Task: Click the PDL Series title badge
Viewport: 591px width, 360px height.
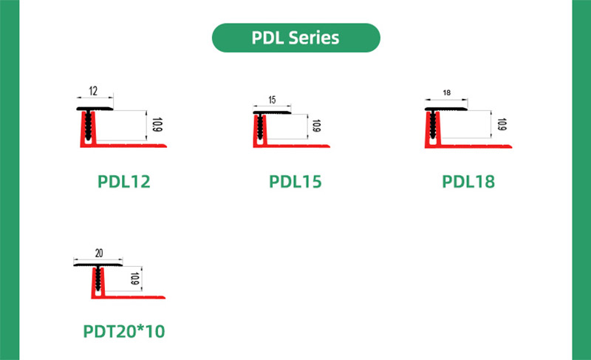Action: pos(295,37)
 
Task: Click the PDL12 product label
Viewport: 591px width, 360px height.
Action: pos(123,180)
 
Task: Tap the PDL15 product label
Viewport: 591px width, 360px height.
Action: pos(295,180)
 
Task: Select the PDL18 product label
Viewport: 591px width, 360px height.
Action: pos(468,180)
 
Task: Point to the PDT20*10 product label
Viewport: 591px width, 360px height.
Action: pos(123,331)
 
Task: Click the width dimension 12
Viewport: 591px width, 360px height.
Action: pos(93,91)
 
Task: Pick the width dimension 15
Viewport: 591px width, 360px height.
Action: pos(272,99)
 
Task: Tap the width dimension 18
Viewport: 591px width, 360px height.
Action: pos(446,93)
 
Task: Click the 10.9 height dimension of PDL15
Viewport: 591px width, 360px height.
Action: pos(316,126)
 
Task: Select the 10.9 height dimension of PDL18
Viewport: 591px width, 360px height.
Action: pos(502,125)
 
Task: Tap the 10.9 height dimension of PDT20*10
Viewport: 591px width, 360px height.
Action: pos(135,279)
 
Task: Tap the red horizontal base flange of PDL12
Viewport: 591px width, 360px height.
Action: pos(133,146)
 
